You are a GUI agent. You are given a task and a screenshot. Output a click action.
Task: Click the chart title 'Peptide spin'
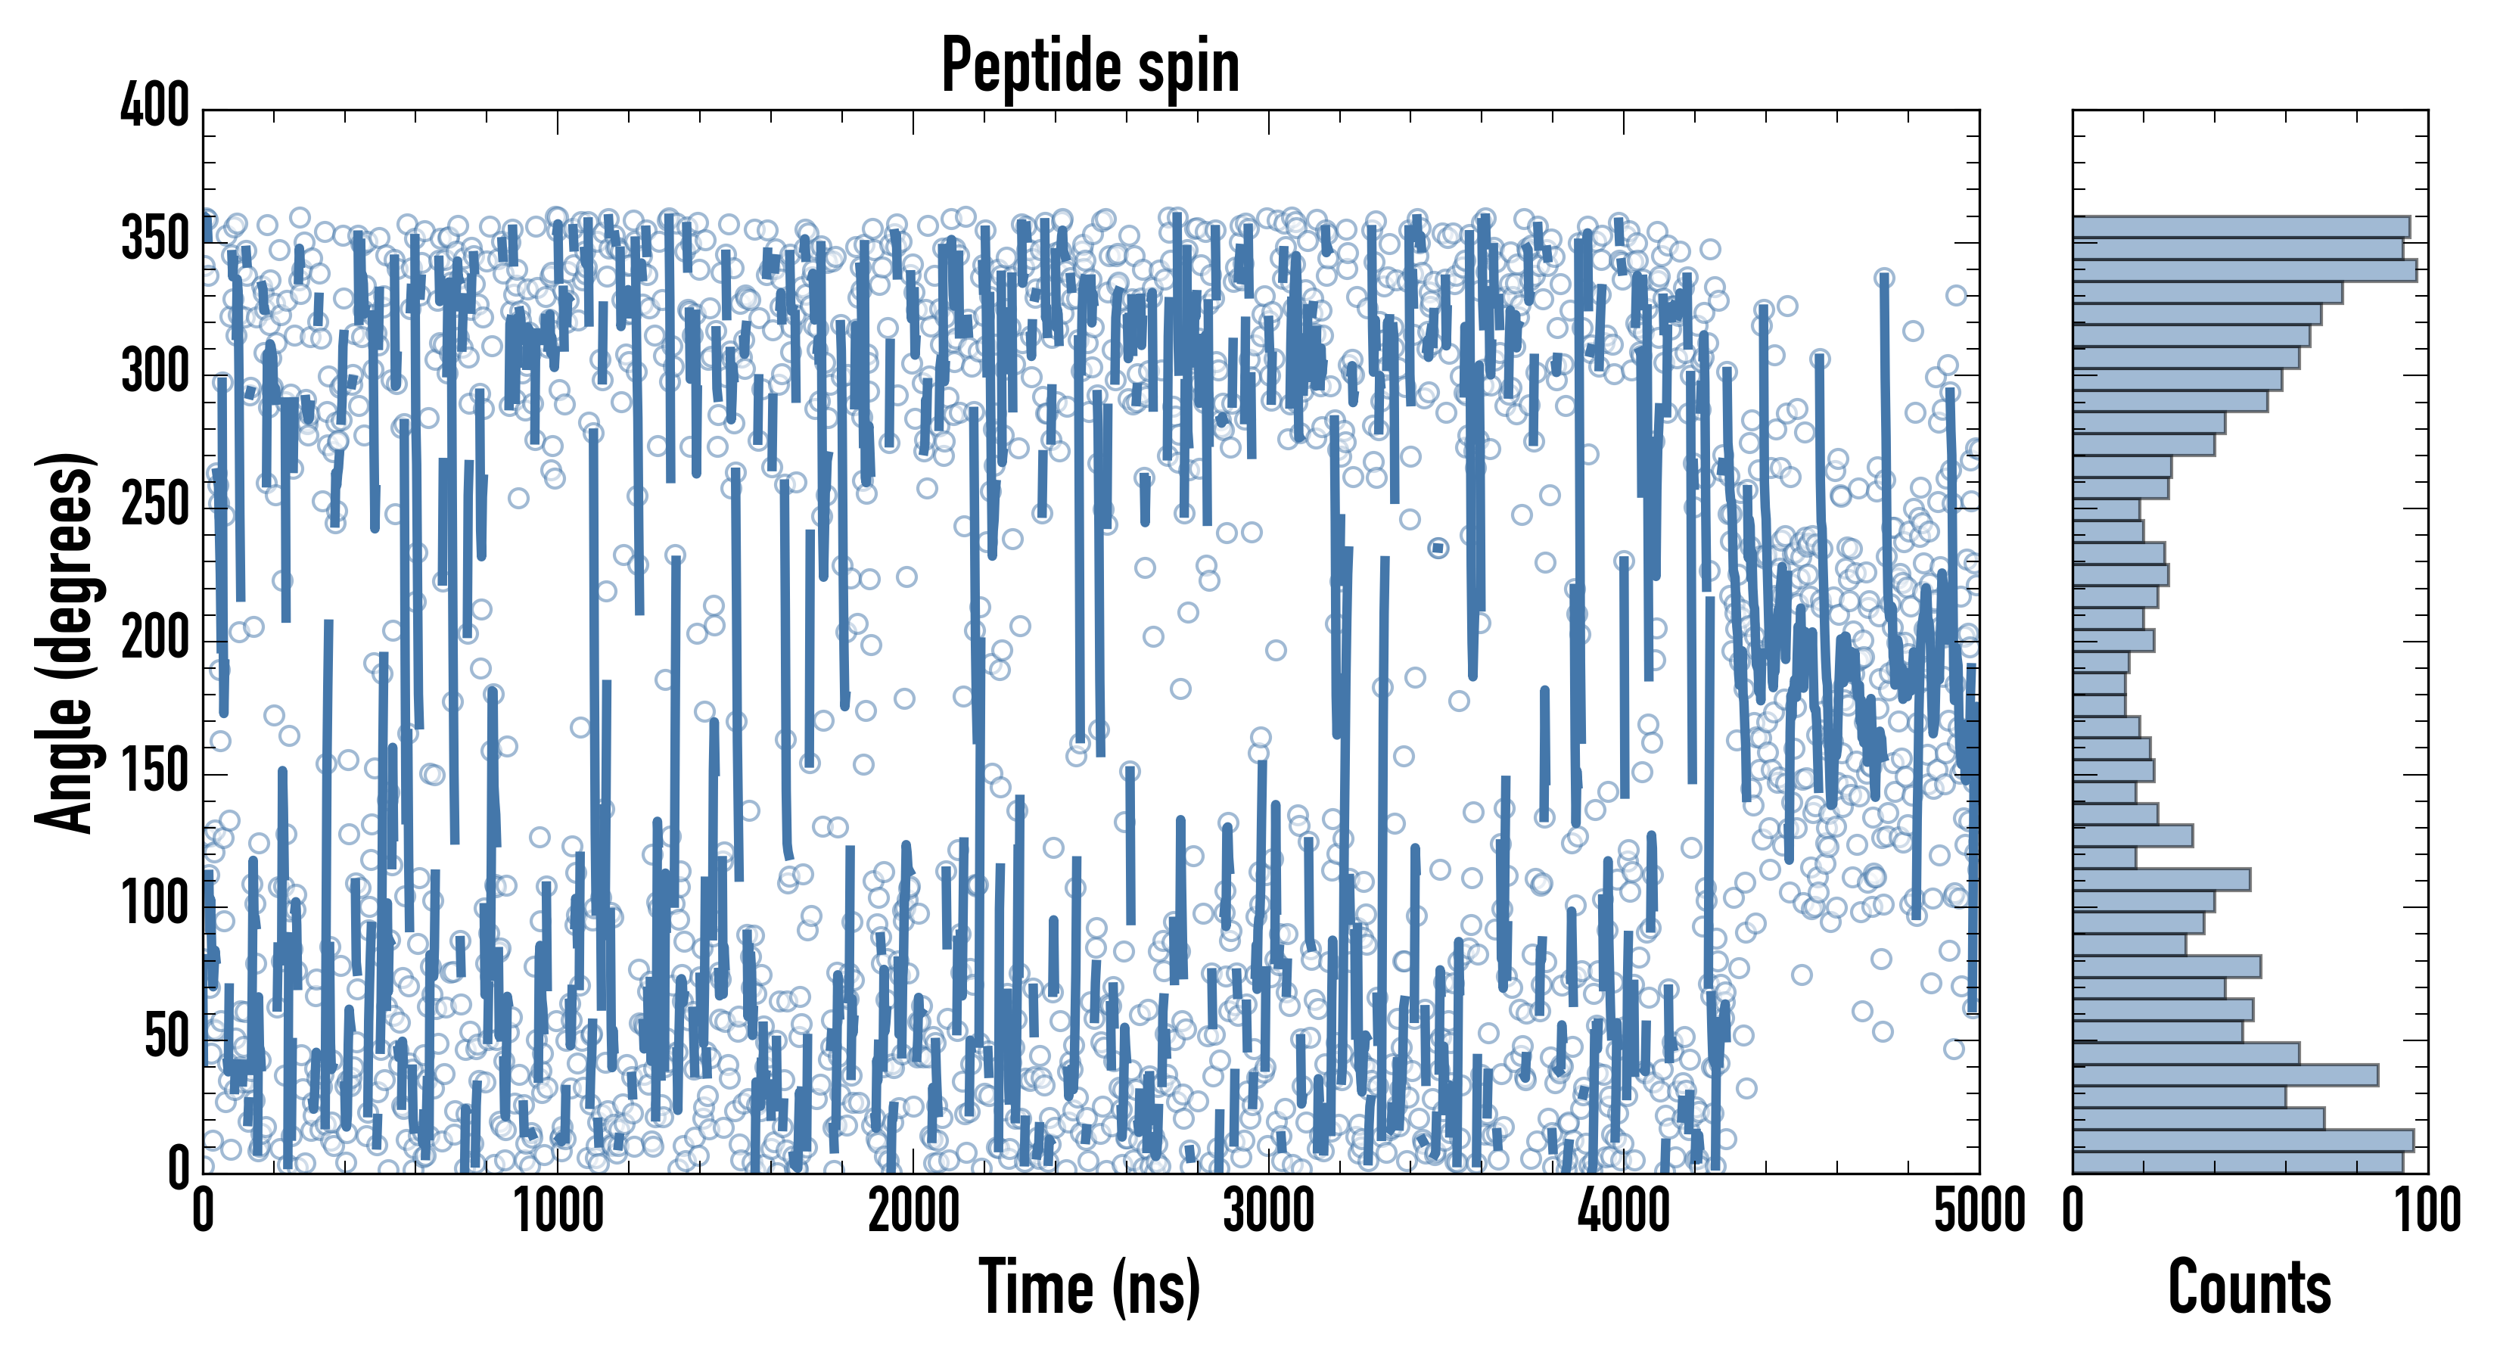click(x=1090, y=66)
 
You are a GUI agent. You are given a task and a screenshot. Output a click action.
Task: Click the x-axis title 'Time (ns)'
click(x=1090, y=1286)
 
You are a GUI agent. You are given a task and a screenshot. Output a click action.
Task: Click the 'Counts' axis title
click(x=2250, y=1286)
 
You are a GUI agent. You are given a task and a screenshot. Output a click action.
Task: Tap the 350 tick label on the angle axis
click(x=155, y=238)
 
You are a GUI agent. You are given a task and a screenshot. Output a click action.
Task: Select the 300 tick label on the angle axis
click(x=155, y=372)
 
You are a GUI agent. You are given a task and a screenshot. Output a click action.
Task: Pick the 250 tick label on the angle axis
click(x=155, y=505)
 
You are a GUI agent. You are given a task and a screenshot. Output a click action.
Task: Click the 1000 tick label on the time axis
click(x=558, y=1211)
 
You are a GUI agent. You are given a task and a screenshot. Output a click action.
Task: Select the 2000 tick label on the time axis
click(x=913, y=1211)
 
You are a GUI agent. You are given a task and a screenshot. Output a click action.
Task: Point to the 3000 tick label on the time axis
click(x=1269, y=1211)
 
